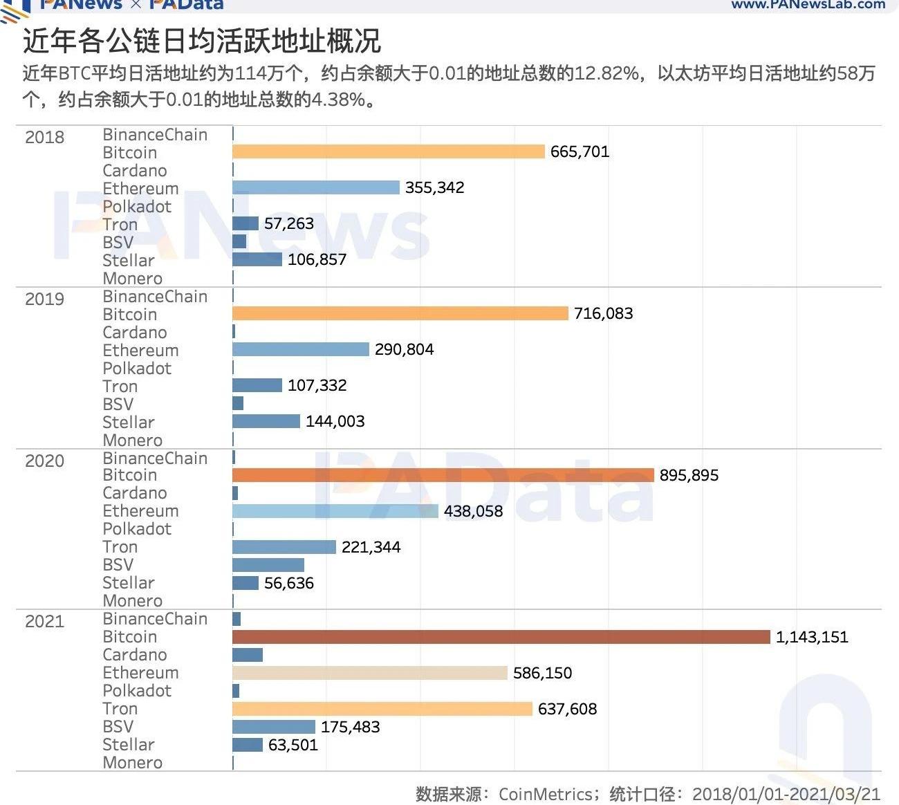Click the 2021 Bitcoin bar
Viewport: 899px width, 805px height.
[x=501, y=637]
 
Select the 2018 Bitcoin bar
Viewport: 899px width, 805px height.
[x=388, y=151]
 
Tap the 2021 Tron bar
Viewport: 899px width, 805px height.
[x=382, y=709]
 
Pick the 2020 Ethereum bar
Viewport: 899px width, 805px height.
[x=335, y=511]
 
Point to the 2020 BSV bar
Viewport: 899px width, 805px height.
[x=268, y=565]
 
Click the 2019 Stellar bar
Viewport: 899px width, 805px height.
[x=266, y=421]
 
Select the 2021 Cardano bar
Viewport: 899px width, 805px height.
[x=247, y=655]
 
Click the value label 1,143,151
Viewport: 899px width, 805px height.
[x=811, y=637]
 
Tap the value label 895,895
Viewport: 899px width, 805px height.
[x=688, y=475]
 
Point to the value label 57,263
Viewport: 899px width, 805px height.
[x=288, y=223]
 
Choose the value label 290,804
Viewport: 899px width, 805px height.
[x=404, y=349]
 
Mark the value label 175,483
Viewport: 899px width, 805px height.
[x=350, y=727]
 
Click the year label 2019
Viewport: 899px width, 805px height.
[x=44, y=299]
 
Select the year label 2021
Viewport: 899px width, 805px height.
[x=44, y=621]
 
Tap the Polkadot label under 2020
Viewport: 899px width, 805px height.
[x=136, y=529]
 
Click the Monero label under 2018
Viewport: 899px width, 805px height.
[x=132, y=279]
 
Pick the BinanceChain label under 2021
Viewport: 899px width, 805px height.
[x=154, y=619]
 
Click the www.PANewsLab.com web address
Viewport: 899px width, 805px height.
[x=807, y=5]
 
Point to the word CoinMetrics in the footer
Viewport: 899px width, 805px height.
[x=544, y=794]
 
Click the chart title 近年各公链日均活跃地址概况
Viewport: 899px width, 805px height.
[x=201, y=41]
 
